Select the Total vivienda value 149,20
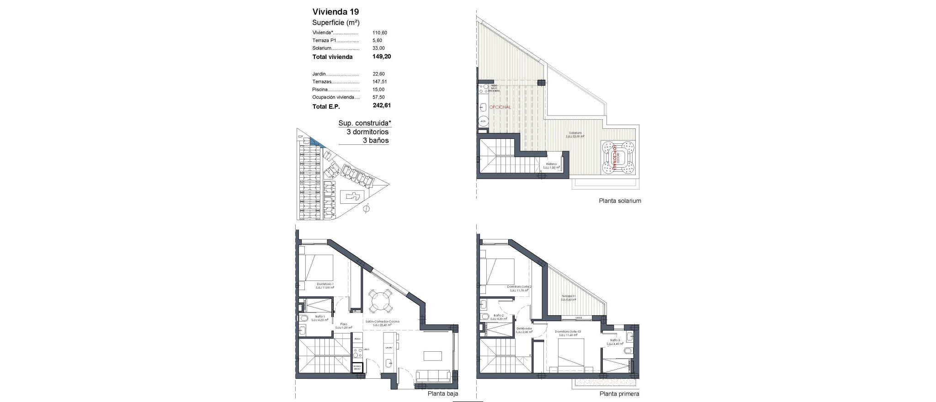tap(382, 57)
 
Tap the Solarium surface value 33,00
tap(378, 48)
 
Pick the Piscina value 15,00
tap(378, 90)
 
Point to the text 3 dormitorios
tap(367, 132)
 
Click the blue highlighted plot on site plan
tap(315, 143)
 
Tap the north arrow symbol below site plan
tap(365, 209)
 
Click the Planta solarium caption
tap(620, 201)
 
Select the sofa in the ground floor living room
tap(112, 376)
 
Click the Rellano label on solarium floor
tap(551, 165)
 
